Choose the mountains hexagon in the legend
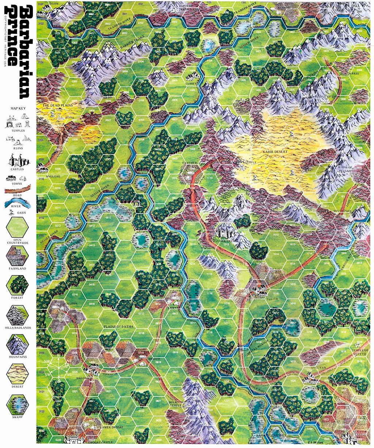click(18, 344)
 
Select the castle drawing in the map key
click(18, 160)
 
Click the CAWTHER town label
click(190, 163)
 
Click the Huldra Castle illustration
click(225, 232)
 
